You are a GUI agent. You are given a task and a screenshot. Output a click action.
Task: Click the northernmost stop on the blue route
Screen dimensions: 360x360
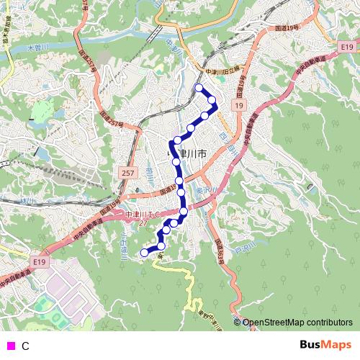coord(199,88)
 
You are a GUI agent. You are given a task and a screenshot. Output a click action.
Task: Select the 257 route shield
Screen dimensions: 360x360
coord(128,174)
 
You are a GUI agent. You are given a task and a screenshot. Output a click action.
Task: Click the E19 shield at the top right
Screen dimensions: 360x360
coord(328,37)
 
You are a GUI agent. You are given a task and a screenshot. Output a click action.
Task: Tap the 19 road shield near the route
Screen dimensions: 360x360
coord(238,106)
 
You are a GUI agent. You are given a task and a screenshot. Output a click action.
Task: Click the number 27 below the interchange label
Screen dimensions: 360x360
coord(143,223)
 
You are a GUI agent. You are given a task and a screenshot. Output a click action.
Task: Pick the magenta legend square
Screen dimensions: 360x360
coord(10,346)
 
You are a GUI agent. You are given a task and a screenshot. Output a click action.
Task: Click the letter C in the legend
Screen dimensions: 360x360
coord(25,346)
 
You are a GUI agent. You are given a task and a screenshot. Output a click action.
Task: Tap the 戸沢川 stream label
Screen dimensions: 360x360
coord(247,249)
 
